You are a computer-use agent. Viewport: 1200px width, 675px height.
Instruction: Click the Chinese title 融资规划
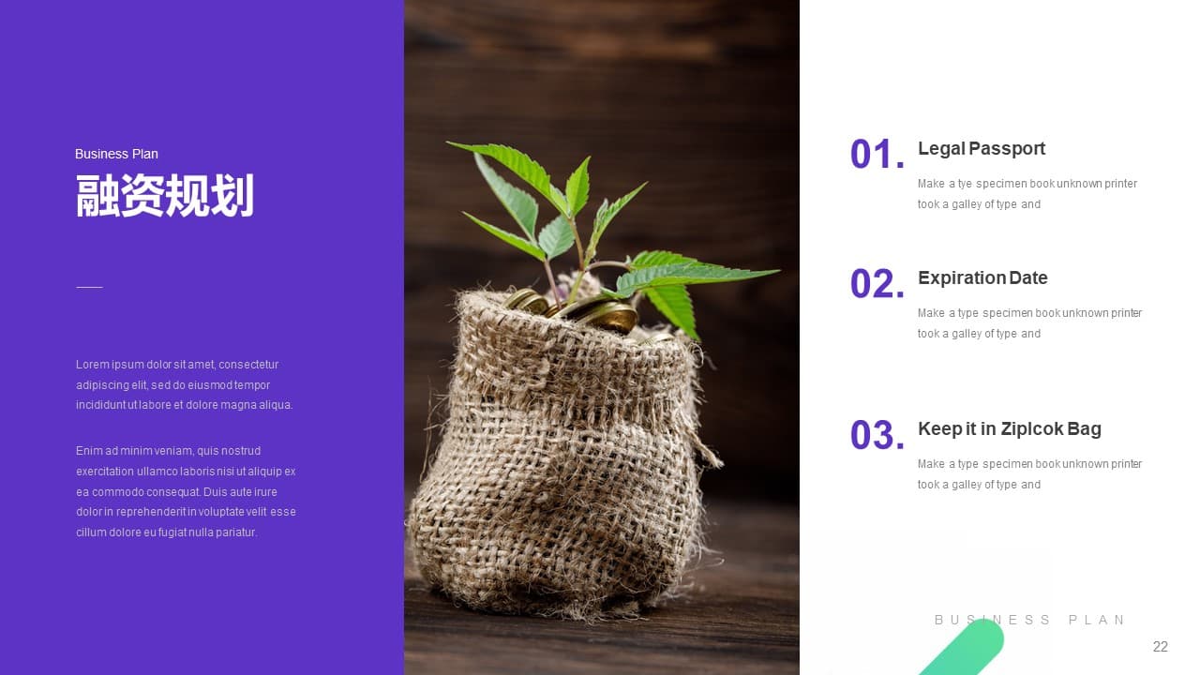pos(164,196)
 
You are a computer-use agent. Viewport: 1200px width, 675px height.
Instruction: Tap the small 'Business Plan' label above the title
pos(116,155)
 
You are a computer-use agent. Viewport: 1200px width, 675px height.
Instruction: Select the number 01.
pos(877,155)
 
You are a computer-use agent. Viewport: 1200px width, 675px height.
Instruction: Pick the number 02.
pos(877,283)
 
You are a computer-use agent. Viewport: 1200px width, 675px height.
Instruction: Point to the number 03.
pos(877,434)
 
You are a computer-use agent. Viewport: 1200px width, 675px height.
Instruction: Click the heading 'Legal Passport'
pos(982,148)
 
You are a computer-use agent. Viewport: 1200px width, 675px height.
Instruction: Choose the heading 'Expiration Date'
pos(982,277)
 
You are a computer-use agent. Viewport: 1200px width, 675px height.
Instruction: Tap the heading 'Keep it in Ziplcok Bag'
pos(1010,428)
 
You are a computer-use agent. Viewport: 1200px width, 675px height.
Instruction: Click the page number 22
pos(1161,647)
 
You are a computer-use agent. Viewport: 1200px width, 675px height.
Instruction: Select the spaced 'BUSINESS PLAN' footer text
pos(1029,620)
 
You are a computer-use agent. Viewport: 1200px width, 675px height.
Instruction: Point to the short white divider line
pos(89,287)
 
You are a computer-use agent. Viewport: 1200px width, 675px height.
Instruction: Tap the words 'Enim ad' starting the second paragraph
pos(97,451)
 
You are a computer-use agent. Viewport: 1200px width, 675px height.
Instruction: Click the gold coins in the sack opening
pos(576,309)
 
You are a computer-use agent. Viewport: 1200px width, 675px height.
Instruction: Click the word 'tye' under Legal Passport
pos(965,184)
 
